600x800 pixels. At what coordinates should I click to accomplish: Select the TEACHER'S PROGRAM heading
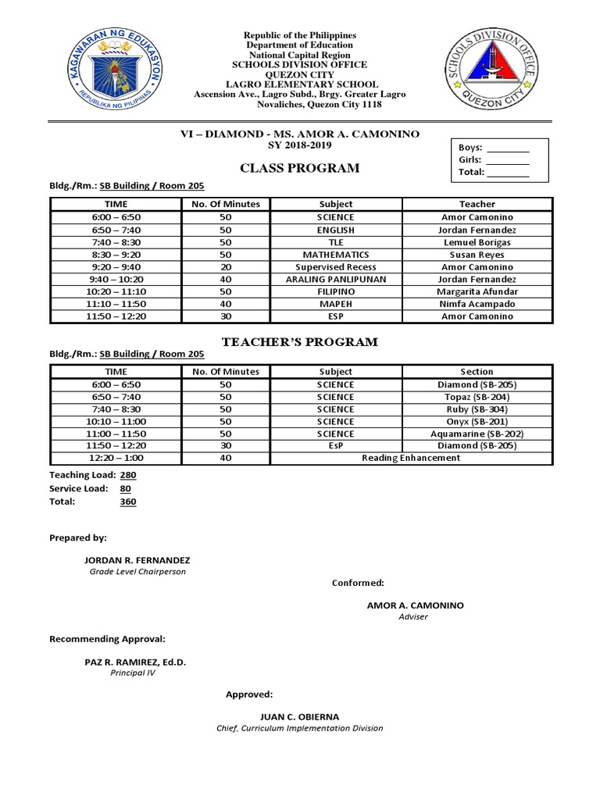(x=300, y=342)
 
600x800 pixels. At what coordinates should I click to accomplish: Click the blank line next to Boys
(x=508, y=148)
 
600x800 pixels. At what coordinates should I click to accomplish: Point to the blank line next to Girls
(x=508, y=160)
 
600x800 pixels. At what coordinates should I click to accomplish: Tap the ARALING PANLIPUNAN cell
(x=336, y=279)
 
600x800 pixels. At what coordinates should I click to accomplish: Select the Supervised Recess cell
(x=336, y=267)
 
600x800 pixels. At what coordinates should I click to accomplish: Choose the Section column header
(x=477, y=372)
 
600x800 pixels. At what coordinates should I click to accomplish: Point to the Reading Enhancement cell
(x=411, y=458)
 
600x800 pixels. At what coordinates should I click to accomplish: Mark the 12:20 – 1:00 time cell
(x=116, y=458)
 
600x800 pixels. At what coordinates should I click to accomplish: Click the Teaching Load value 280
(x=128, y=475)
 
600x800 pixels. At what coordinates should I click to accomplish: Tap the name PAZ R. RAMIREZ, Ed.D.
(x=135, y=662)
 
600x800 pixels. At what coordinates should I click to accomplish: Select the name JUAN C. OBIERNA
(x=299, y=716)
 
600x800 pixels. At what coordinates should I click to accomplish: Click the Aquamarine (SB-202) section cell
(x=477, y=434)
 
